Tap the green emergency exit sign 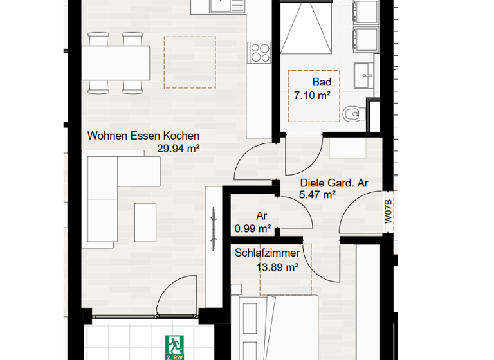coord(174,346)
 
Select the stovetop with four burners coord(261,51)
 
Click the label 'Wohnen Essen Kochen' coord(143,136)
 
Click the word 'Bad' coord(322,82)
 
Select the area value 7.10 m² coord(312,95)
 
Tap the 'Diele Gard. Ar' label coord(334,183)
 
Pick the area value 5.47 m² coord(318,194)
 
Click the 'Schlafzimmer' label coord(267,253)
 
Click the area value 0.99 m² coord(253,228)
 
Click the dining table coord(116,61)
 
